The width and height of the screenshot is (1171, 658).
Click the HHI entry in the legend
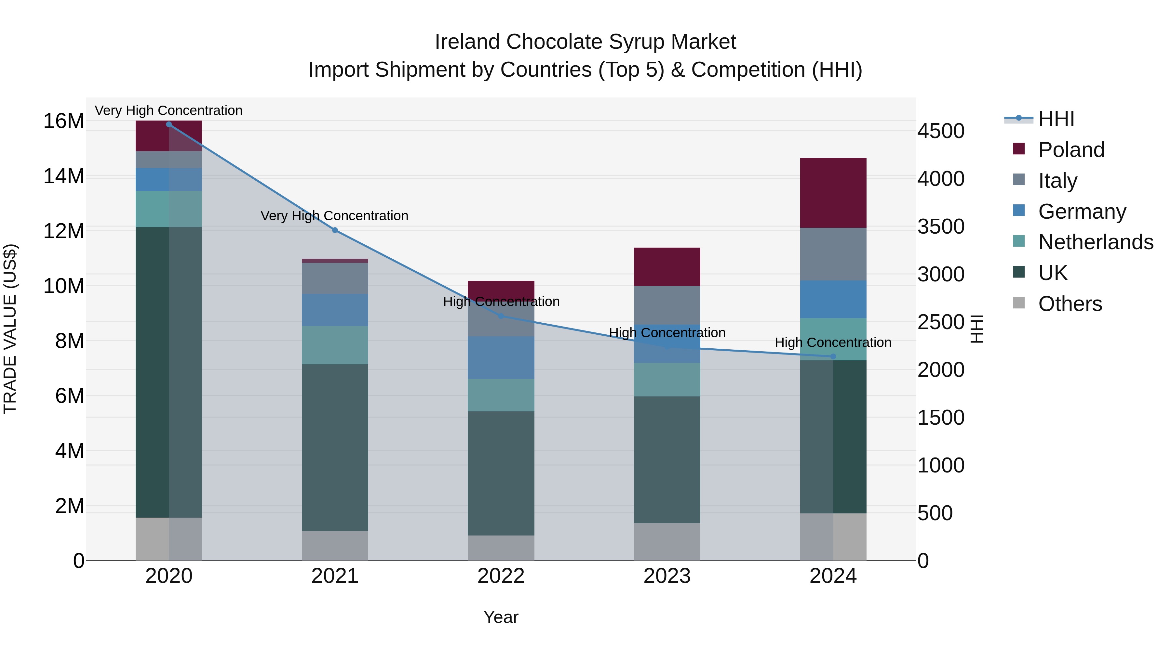pos(1056,119)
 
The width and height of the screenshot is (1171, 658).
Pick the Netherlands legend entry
pos(1095,242)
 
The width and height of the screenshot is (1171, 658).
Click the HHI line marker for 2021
pos(335,230)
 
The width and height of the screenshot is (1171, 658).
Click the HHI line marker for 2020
pos(168,124)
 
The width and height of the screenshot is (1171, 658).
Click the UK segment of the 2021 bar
pos(335,447)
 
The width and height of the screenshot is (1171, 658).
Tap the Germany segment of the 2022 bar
pos(501,357)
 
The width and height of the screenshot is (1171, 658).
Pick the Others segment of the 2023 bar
pos(667,541)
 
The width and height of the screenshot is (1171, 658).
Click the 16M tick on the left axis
pos(64,121)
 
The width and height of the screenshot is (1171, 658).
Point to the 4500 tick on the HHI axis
pos(940,131)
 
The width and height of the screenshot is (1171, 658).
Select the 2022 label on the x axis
pos(501,576)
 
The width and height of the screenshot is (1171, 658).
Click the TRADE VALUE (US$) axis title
pos(10,329)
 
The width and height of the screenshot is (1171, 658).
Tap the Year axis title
pos(501,617)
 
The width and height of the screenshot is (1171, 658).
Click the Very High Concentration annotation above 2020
pos(168,110)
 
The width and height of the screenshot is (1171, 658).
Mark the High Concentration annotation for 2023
pos(667,333)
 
